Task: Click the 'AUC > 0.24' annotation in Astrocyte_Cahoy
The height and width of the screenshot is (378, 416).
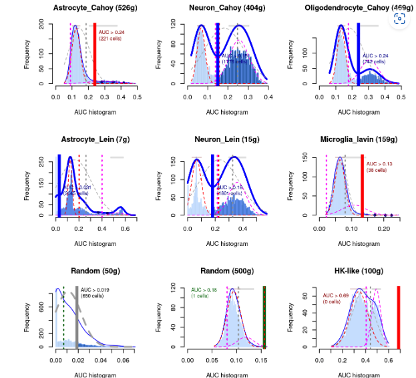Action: pos(112,31)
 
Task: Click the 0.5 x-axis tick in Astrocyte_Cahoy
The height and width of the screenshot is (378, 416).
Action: pos(138,97)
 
